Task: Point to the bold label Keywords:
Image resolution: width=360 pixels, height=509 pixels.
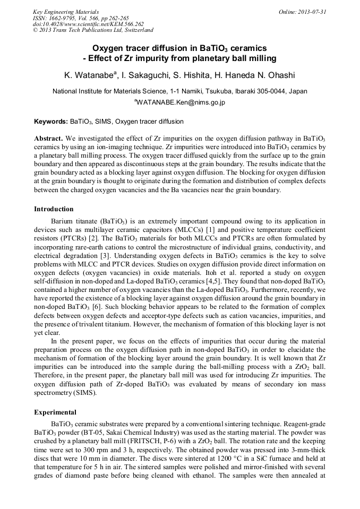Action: pos(51,122)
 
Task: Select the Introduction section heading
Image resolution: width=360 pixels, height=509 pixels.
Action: pos(54,209)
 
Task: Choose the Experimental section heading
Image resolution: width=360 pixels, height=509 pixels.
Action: pos(55,412)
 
